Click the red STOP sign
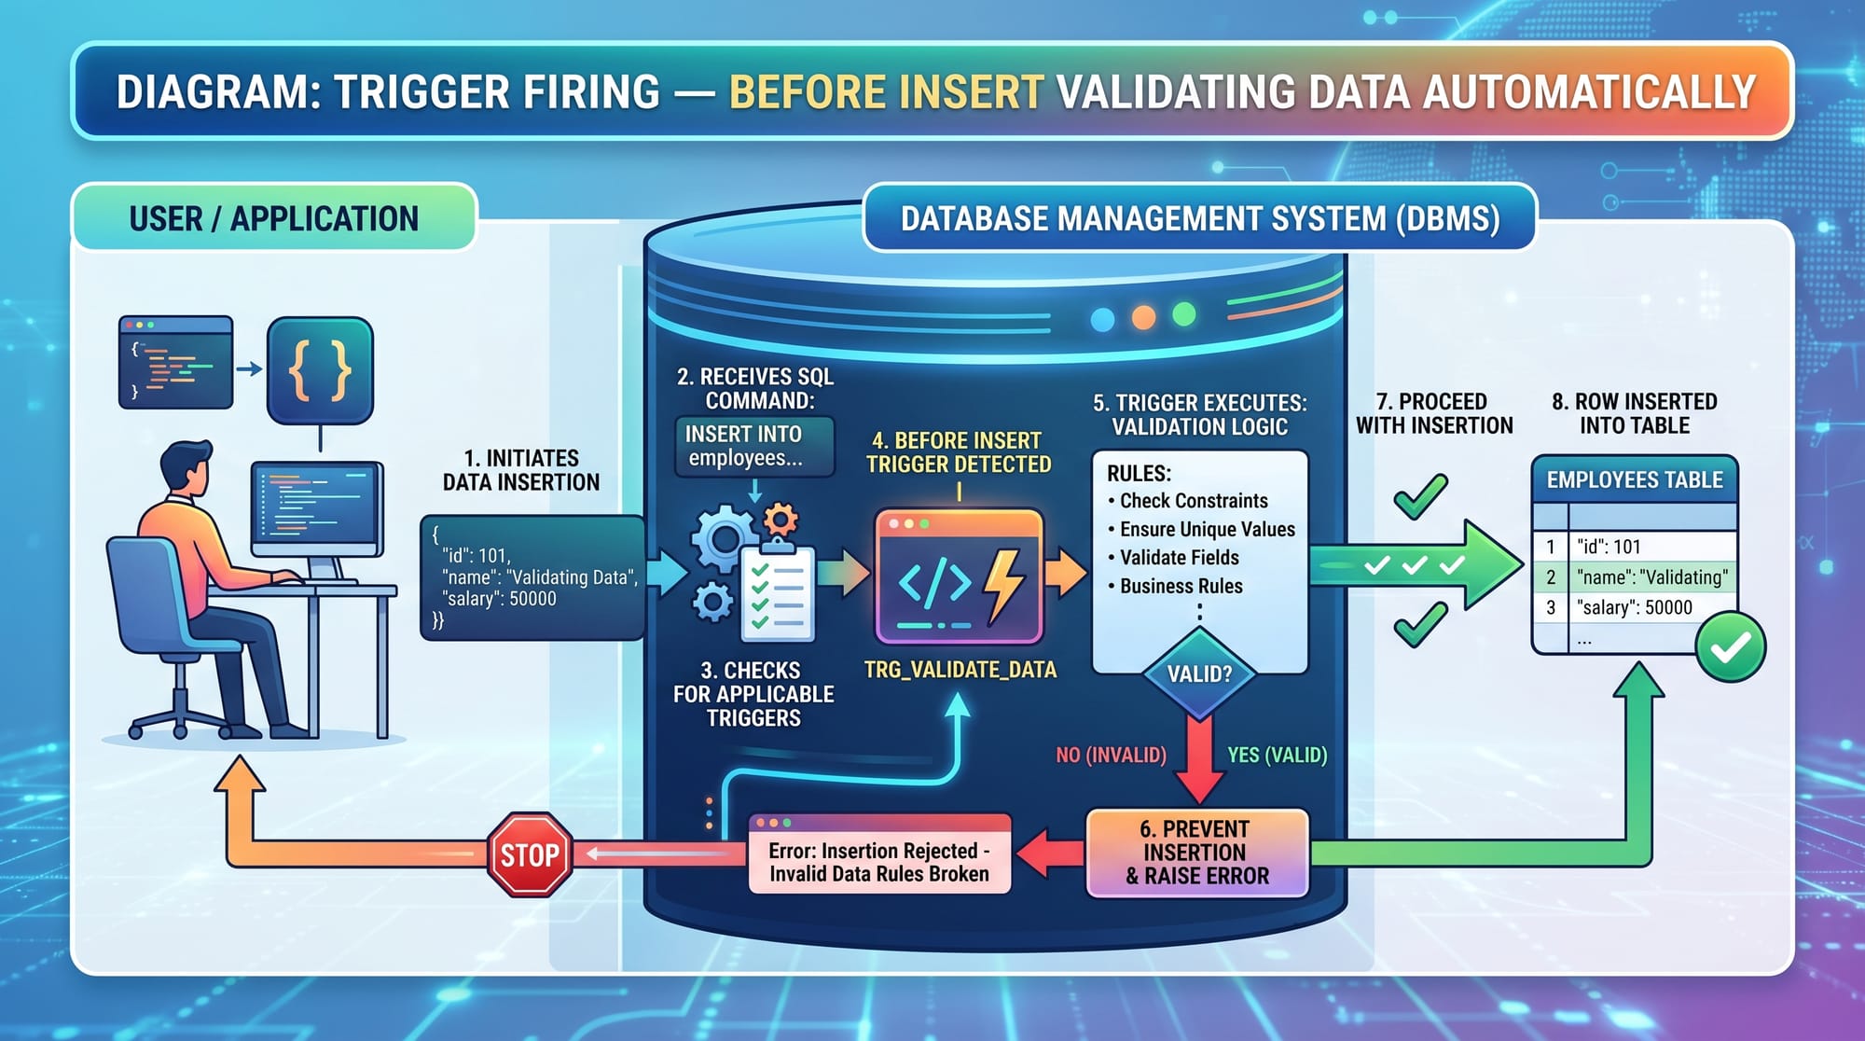(530, 854)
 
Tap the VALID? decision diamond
(1199, 673)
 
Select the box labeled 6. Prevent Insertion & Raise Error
(1197, 853)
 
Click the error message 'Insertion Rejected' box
(878, 861)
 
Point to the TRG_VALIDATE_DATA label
(960, 670)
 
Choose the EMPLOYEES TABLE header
(1634, 479)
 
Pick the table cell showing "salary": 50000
(1634, 607)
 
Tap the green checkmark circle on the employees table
(1730, 646)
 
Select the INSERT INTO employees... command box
(753, 446)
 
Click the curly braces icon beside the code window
(320, 370)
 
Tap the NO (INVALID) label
(1111, 755)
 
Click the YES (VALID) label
(1277, 755)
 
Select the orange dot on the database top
(1143, 317)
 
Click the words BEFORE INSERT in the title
(886, 91)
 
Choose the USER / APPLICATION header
(273, 218)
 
